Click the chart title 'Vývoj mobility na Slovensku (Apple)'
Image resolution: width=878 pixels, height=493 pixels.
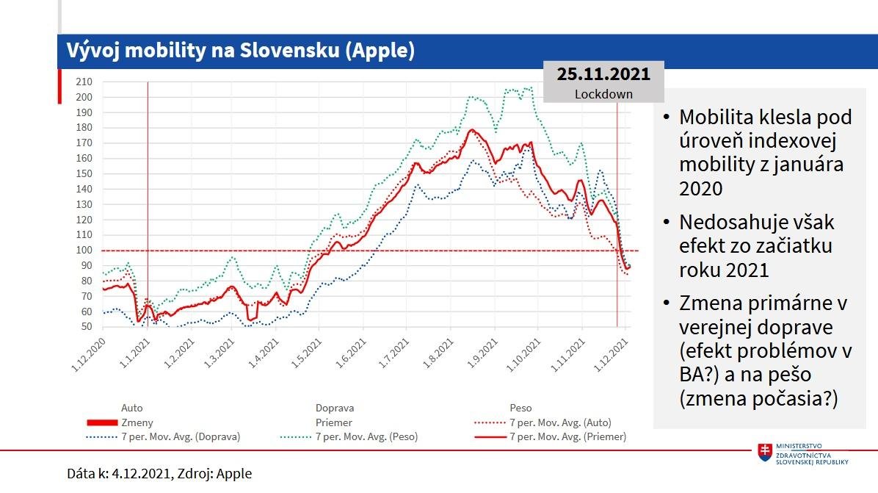(241, 51)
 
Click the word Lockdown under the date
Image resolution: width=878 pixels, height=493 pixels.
(603, 93)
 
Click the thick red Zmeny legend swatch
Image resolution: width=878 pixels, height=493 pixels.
(102, 422)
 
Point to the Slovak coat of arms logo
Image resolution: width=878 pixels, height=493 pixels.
(765, 452)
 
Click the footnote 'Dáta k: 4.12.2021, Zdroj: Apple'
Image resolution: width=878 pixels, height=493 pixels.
(159, 474)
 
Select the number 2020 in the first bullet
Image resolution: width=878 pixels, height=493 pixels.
(701, 188)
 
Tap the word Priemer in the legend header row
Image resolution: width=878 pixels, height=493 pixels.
(334, 422)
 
